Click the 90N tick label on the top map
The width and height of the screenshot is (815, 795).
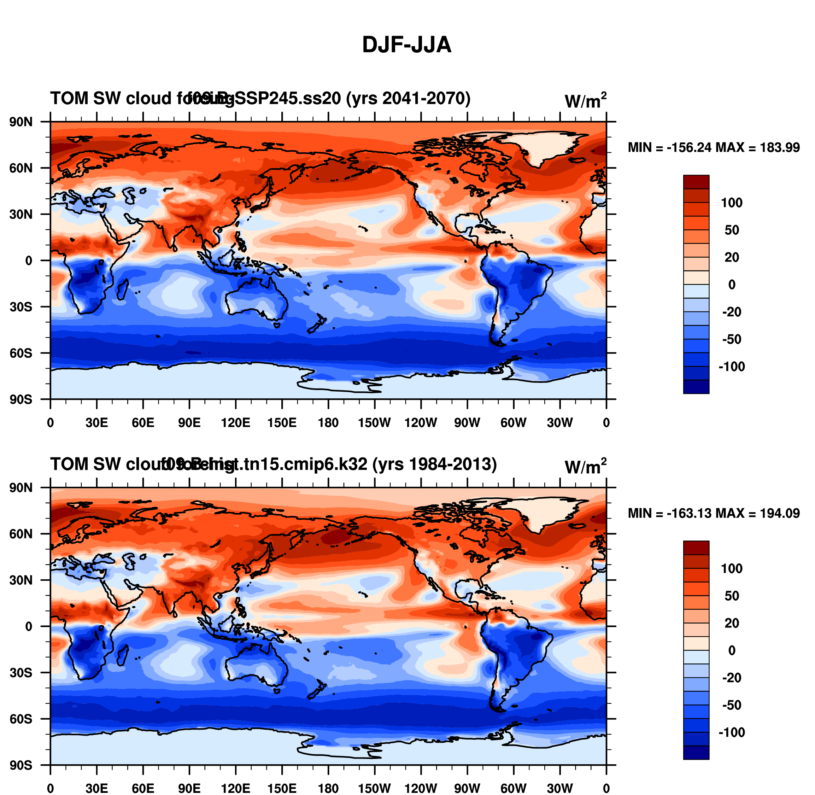(x=21, y=122)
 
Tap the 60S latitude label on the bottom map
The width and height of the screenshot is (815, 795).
(x=21, y=719)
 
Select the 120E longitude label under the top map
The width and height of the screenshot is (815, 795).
(x=235, y=423)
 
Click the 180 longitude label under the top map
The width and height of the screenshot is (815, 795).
(x=328, y=423)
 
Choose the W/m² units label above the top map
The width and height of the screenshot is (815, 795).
(x=585, y=101)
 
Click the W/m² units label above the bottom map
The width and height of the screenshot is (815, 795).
(x=585, y=466)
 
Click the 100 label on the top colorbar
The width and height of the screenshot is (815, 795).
(x=732, y=203)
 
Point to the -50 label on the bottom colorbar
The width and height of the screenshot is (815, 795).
(x=732, y=705)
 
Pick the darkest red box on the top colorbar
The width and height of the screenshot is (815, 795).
(x=696, y=182)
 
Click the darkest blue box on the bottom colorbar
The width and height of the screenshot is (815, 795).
(x=696, y=753)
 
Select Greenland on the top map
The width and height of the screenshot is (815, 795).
(x=543, y=146)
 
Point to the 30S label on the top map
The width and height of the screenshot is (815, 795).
(x=21, y=307)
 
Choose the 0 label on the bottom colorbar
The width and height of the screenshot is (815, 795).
(x=732, y=650)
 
